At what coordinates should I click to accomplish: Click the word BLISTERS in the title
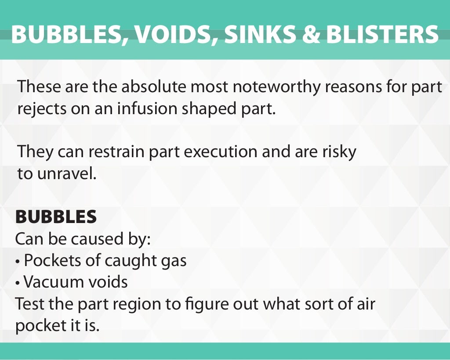pos(383,34)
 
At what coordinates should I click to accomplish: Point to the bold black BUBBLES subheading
pos(56,217)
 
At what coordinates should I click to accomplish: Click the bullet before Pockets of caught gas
pos(18,262)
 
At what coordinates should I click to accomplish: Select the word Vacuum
pos(51,282)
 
